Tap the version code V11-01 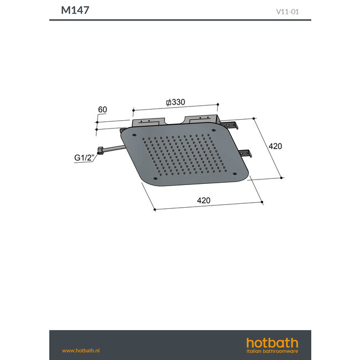tap(288, 11)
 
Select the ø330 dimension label tap(175, 102)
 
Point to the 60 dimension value tap(102, 110)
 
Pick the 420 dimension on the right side tap(275, 146)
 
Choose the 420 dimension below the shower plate tap(203, 200)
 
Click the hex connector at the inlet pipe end tap(100, 150)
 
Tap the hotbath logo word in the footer tap(272, 342)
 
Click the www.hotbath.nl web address tap(80, 350)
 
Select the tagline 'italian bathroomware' tap(272, 351)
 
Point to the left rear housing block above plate tap(148, 121)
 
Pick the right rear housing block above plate tap(204, 120)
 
